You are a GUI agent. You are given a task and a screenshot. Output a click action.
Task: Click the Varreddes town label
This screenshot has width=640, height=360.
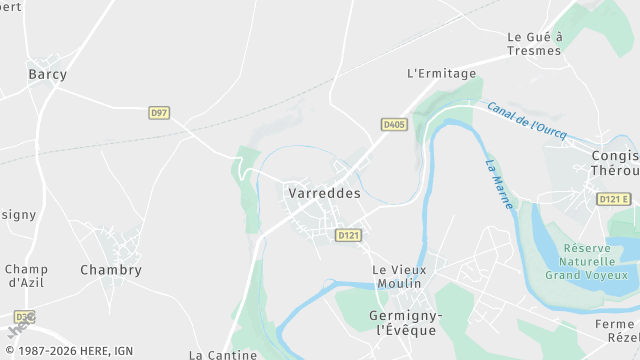tap(323, 193)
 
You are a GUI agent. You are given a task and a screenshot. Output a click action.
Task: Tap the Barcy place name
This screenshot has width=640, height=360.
tap(47, 75)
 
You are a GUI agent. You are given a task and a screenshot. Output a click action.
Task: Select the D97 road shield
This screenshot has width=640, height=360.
tap(159, 113)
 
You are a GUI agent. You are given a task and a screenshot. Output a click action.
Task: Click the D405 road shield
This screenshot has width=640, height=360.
tap(393, 125)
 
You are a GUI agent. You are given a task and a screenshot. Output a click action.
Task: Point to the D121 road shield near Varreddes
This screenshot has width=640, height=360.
tap(348, 235)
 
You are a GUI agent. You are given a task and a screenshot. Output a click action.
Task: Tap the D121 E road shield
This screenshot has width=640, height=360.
tap(614, 199)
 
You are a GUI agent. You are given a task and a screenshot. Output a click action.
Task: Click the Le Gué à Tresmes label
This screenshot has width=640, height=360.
tap(535, 44)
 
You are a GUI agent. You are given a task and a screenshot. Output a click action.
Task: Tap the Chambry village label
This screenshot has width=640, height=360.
tap(111, 270)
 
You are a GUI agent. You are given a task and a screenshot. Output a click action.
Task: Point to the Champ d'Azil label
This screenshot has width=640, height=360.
tap(26, 276)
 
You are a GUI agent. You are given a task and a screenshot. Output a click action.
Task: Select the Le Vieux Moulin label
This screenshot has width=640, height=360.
tap(399, 277)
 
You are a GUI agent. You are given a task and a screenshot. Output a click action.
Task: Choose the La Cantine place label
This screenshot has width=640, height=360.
tap(224, 354)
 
